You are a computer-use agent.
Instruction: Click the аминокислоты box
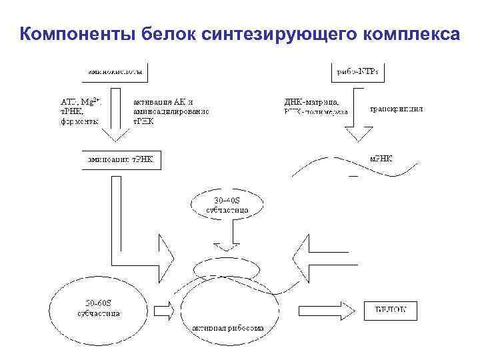click(x=113, y=69)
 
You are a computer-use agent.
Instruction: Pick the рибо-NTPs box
click(x=359, y=69)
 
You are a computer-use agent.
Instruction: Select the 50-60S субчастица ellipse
click(x=97, y=307)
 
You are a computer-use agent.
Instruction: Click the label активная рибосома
click(x=228, y=328)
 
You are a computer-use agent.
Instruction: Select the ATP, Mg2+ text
click(x=80, y=101)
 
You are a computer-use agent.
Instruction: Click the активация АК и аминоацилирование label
click(x=171, y=107)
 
